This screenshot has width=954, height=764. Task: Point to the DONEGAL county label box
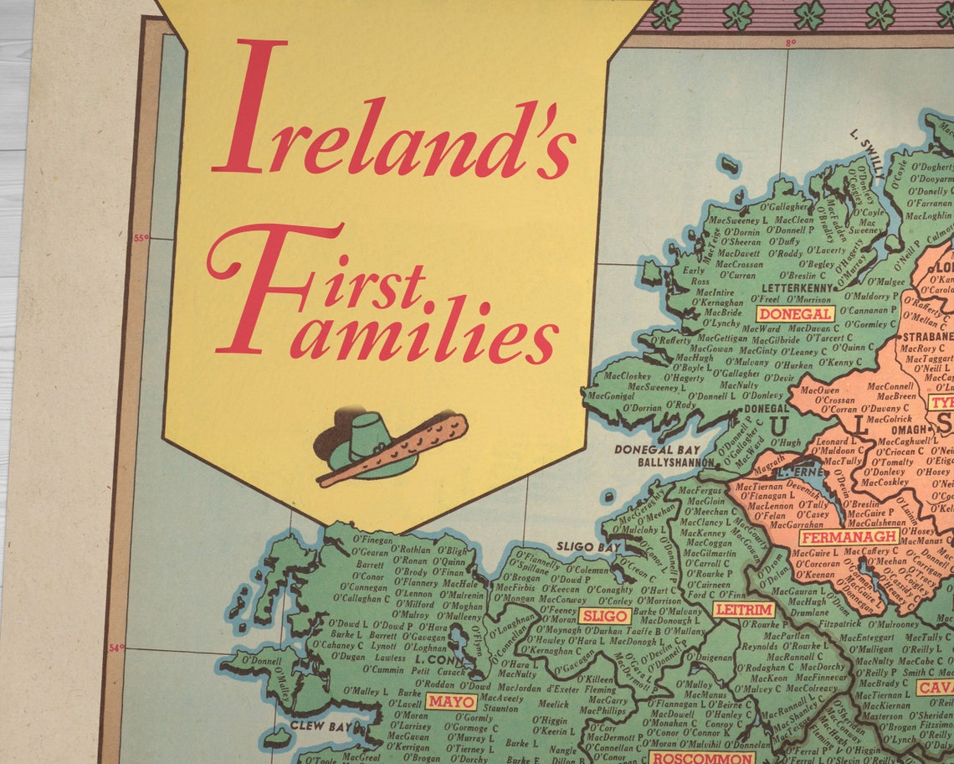795,314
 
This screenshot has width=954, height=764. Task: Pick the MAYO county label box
451,701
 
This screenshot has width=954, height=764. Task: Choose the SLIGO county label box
605,617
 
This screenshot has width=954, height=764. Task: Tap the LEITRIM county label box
743,610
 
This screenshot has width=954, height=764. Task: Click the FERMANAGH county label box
849,537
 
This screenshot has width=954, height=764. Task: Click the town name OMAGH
888,429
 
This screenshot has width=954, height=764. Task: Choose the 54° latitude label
116,647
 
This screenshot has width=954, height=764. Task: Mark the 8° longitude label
789,42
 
